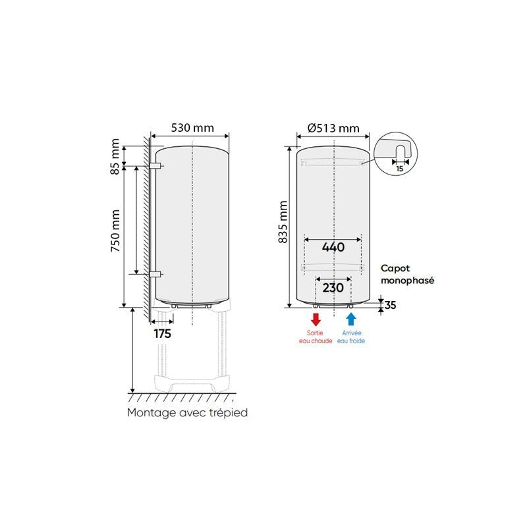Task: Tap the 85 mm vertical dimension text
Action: (x=116, y=156)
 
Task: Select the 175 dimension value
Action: (x=162, y=334)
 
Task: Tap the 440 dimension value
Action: (x=333, y=247)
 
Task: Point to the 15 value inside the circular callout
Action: (x=399, y=168)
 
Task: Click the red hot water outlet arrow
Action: (x=316, y=320)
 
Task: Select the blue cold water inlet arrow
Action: (x=350, y=320)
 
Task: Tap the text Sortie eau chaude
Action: (x=316, y=337)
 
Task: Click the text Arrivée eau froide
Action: (x=350, y=337)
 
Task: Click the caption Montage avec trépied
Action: (x=187, y=413)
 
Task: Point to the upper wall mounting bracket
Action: (x=155, y=165)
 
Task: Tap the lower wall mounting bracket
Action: (x=155, y=273)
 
